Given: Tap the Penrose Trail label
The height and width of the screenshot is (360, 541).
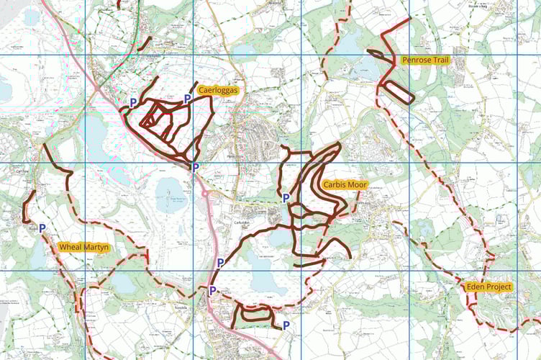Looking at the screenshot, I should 426,60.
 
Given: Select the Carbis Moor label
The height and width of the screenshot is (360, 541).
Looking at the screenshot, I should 345,185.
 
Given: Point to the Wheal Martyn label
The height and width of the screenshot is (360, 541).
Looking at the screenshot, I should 84,248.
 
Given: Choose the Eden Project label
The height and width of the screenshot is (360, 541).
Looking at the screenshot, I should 488,287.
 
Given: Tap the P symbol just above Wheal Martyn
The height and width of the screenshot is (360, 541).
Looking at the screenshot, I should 42,228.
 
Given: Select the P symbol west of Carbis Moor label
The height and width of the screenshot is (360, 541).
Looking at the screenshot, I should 286,197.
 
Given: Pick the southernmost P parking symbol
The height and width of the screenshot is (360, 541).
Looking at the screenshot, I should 286,325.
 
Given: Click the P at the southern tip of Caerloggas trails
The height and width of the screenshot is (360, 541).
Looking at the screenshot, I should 195,167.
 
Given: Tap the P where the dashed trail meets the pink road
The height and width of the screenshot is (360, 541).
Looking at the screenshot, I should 212,290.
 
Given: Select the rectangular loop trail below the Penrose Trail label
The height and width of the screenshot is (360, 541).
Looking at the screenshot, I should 397,93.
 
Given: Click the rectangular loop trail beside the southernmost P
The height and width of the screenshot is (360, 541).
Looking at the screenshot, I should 256,312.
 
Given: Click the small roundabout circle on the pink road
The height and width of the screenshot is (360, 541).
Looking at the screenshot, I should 204,194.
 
